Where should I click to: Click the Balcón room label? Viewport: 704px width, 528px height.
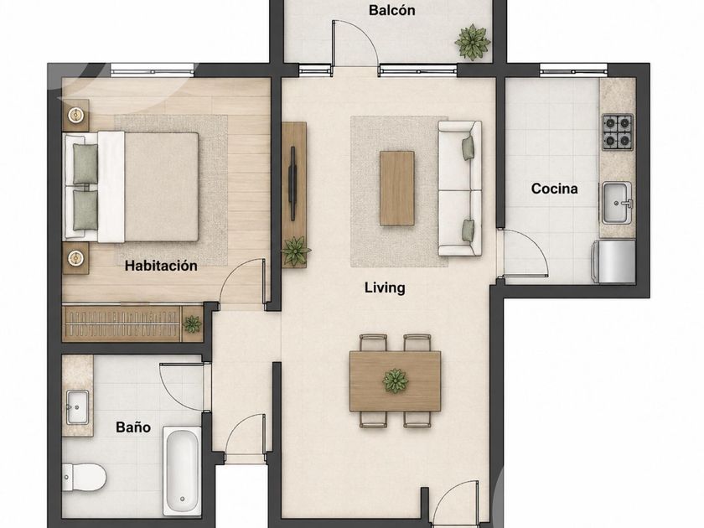[392, 10]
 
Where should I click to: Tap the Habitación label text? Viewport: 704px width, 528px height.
[161, 266]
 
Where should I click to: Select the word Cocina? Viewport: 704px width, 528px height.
[555, 189]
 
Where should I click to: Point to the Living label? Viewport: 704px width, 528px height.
[385, 287]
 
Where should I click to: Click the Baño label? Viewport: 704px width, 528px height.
[133, 427]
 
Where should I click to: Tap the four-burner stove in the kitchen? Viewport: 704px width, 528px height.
[618, 132]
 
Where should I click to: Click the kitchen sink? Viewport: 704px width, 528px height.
[618, 203]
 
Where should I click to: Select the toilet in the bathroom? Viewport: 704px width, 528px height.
[84, 477]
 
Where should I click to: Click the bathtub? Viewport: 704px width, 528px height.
[182, 470]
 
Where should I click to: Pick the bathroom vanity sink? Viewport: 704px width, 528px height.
[77, 407]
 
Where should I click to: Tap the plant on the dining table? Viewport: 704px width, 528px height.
[395, 380]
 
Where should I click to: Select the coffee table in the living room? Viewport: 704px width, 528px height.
[397, 188]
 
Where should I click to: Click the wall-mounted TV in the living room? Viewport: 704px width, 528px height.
[293, 184]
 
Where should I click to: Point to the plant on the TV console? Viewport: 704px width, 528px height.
[295, 251]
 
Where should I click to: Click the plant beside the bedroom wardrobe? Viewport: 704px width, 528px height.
[192, 324]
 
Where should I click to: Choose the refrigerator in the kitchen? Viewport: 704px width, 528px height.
[613, 261]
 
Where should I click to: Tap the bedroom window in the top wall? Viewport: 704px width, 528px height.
[153, 70]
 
